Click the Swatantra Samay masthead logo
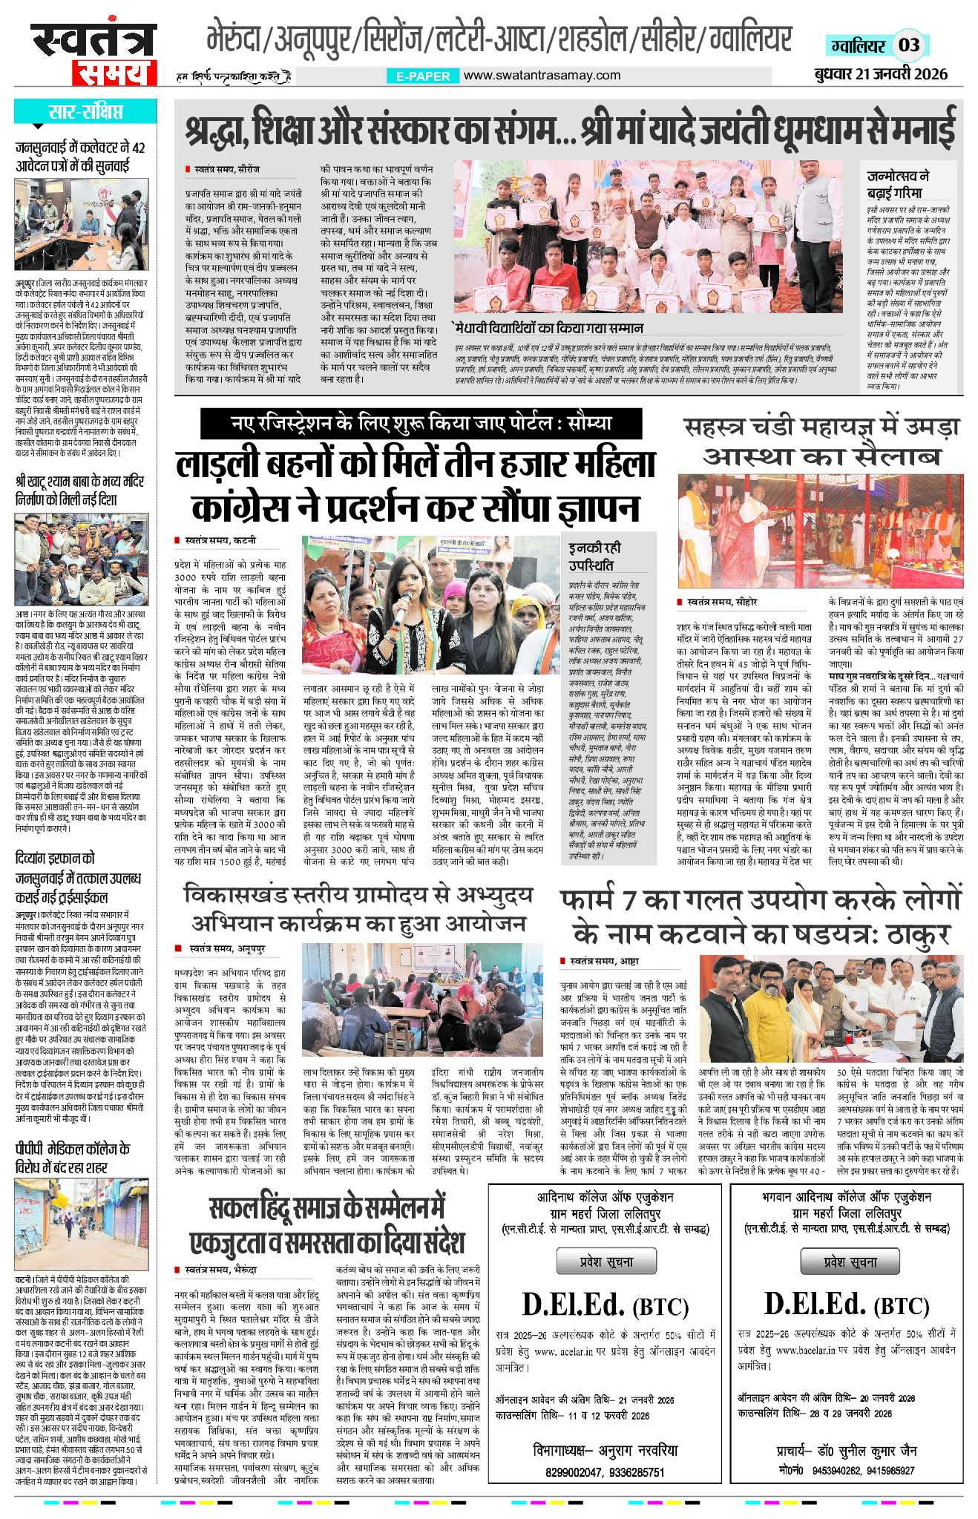(93, 54)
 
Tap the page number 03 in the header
(909, 45)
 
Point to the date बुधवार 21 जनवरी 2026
(879, 74)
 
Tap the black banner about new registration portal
(421, 424)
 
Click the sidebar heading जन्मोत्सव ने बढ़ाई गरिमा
(898, 184)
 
